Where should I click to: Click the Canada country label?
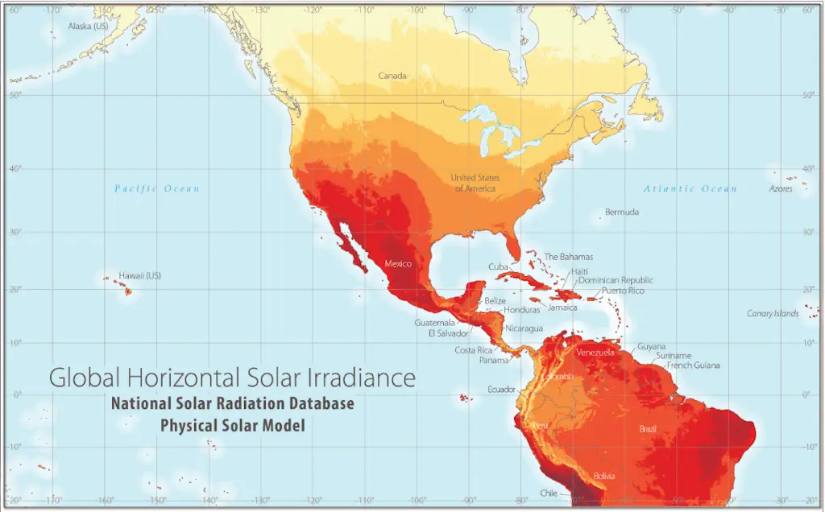392,76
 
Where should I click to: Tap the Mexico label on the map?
398,264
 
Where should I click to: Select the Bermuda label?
622,212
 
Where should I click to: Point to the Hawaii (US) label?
140,275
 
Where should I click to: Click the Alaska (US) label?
88,26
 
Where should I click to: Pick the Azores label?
780,188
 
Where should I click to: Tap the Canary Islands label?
772,313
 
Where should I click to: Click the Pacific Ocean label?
156,188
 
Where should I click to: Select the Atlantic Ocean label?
690,188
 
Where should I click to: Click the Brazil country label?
648,428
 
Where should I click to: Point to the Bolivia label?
605,476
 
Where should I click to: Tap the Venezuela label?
595,353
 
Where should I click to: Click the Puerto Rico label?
623,290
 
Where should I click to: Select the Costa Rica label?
474,350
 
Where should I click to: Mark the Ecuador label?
501,389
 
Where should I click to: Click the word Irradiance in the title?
363,377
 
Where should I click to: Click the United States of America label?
475,183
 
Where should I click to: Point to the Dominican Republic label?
616,280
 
